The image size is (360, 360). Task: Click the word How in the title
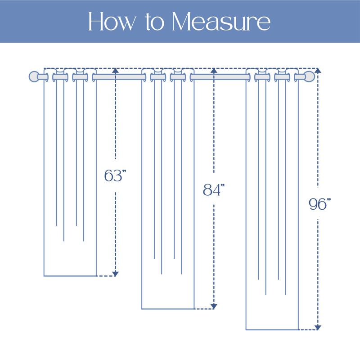(112, 21)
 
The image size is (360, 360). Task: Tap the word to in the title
(155, 22)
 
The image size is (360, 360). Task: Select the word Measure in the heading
(221, 21)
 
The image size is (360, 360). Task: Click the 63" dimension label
(115, 175)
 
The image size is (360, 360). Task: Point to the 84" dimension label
(213, 190)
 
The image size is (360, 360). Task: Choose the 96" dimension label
(319, 204)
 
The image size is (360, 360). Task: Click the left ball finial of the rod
(34, 76)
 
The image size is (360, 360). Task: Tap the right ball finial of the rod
(309, 76)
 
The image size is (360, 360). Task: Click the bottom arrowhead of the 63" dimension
(115, 274)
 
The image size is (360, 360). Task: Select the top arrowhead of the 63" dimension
(115, 71)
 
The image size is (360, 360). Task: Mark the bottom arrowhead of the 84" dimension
(214, 306)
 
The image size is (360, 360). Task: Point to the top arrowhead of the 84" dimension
(214, 71)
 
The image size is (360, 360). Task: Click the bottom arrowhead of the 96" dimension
(318, 328)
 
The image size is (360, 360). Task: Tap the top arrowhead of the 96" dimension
(318, 71)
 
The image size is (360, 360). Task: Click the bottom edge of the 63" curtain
(70, 276)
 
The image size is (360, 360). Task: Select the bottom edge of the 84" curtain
(168, 309)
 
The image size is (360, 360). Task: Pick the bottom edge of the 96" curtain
(272, 330)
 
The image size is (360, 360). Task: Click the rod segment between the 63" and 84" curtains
(119, 77)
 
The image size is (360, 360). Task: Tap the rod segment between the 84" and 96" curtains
(220, 77)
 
